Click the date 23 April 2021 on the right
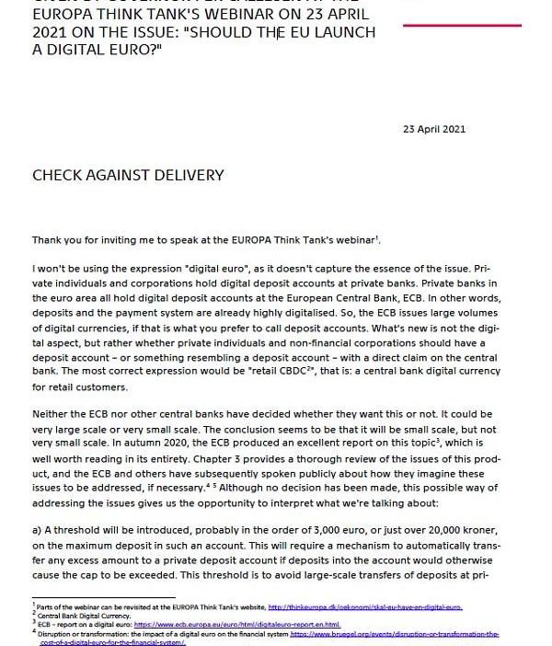pyautogui.click(x=434, y=129)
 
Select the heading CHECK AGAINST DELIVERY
pyautogui.click(x=128, y=175)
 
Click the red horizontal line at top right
pyautogui.click(x=462, y=25)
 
